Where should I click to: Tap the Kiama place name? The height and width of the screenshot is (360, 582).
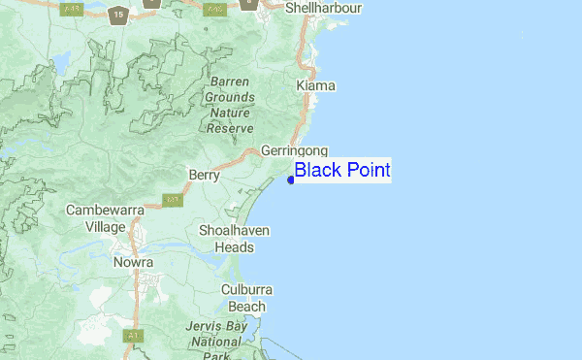[315, 86]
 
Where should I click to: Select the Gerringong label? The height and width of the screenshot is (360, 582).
[295, 151]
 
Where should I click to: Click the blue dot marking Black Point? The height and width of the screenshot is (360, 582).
[291, 179]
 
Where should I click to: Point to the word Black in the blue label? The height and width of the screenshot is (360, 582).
[316, 171]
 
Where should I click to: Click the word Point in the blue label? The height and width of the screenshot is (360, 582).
[365, 171]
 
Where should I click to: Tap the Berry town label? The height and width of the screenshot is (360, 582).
[205, 177]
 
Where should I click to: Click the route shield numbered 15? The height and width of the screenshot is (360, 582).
[118, 15]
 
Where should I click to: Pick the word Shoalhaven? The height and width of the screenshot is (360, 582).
[234, 231]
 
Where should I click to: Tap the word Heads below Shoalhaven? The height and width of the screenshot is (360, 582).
[234, 246]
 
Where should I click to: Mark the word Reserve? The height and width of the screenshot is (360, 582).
[231, 128]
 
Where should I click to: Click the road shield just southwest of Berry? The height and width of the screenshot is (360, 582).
[173, 201]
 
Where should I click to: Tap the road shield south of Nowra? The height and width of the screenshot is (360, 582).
[129, 336]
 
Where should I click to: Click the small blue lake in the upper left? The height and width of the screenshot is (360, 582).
[60, 64]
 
